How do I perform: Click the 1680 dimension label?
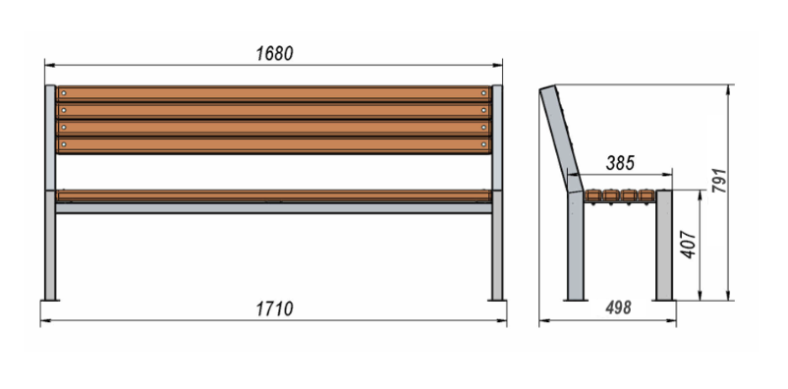click(274, 54)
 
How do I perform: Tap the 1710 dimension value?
click(274, 309)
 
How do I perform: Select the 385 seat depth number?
click(620, 163)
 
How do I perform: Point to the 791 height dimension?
click(719, 181)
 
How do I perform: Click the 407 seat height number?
click(689, 245)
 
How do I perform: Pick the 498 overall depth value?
click(618, 307)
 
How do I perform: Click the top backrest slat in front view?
click(274, 93)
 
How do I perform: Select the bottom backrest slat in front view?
click(274, 145)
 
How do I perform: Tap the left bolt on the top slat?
click(63, 93)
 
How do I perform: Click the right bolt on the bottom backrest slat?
click(484, 144)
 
